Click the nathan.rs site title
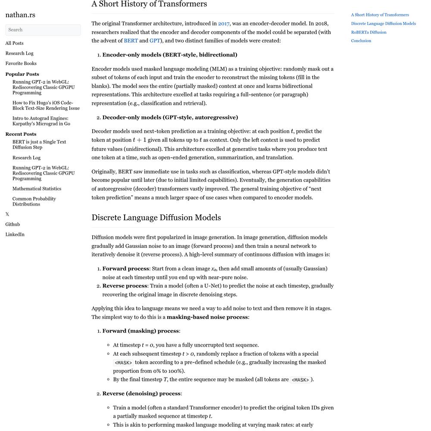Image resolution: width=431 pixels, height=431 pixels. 20,15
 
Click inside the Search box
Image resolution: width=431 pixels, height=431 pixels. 43,30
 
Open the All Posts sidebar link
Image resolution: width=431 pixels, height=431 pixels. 14,43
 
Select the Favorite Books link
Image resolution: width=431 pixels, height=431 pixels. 21,63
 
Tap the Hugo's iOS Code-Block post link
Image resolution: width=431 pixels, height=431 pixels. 46,106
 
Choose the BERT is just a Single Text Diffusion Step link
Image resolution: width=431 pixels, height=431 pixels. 39,144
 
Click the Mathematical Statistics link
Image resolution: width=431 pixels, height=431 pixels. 37,189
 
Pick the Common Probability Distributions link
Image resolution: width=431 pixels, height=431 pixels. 34,201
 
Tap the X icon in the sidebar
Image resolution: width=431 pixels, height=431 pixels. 7,214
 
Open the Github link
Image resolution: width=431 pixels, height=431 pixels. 12,225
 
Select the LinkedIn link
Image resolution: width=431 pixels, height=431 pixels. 15,234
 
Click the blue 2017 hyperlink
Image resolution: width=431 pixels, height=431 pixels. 224,24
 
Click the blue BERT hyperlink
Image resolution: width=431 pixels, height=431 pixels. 131,41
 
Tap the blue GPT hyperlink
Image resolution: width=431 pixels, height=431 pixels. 155,41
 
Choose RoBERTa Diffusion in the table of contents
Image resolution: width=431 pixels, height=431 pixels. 369,32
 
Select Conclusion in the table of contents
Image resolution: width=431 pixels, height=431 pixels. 361,41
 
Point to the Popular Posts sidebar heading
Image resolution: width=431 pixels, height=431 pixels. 22,74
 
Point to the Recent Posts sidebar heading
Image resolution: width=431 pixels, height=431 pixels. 21,134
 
